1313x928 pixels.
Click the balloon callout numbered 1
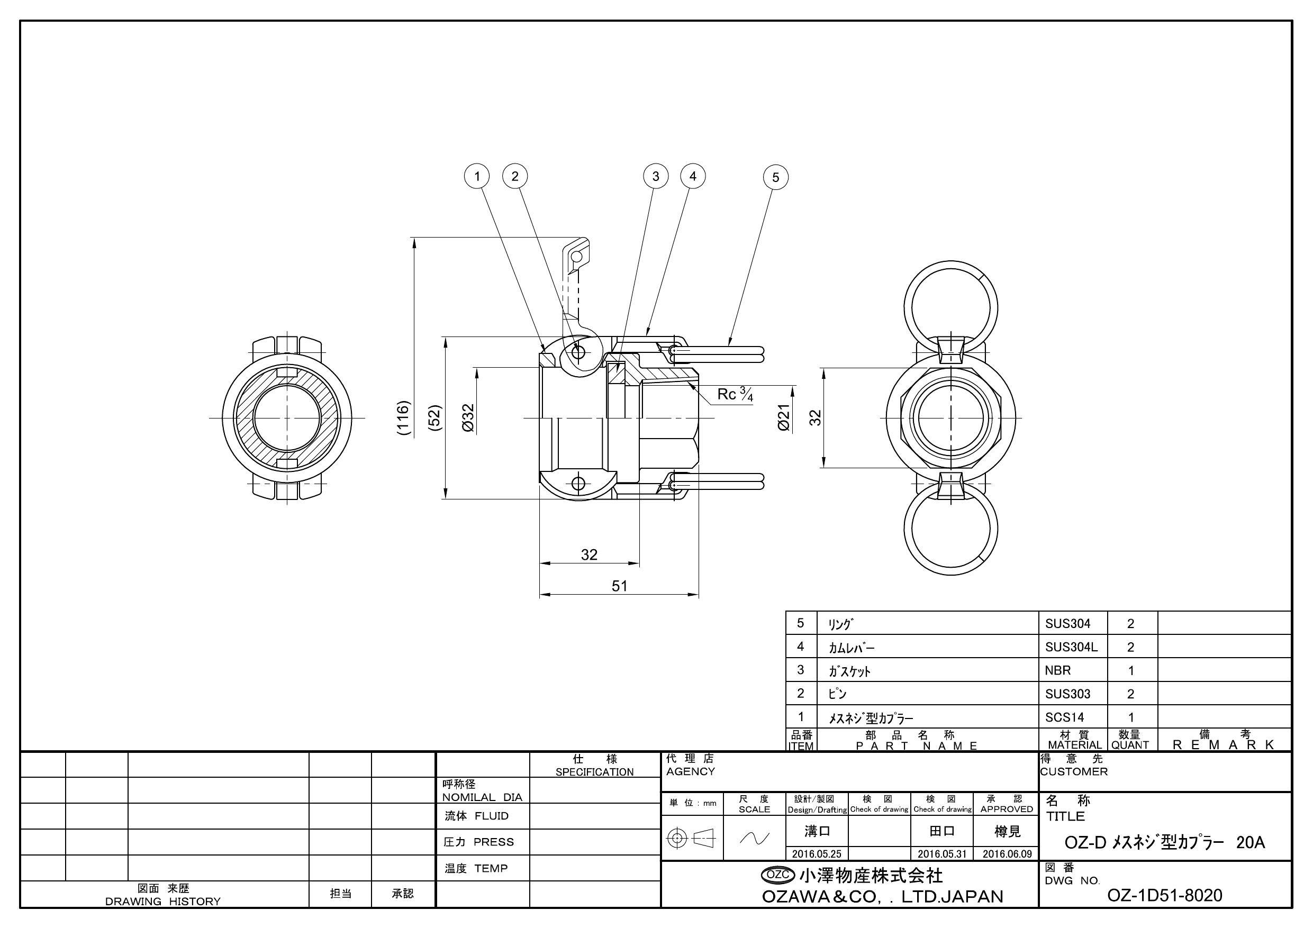(x=477, y=176)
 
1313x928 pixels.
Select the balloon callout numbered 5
(x=775, y=177)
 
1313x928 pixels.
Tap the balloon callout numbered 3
(x=655, y=176)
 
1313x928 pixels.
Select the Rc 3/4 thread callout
(x=735, y=394)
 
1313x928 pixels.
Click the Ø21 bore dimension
(x=783, y=417)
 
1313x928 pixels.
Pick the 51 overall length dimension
(x=619, y=586)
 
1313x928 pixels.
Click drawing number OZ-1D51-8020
(x=1164, y=895)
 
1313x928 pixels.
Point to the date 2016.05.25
(x=817, y=854)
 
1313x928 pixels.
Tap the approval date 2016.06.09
(x=1007, y=854)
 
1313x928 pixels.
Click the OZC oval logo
(x=778, y=875)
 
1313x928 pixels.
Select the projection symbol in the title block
(x=691, y=839)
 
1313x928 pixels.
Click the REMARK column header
(x=1224, y=744)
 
